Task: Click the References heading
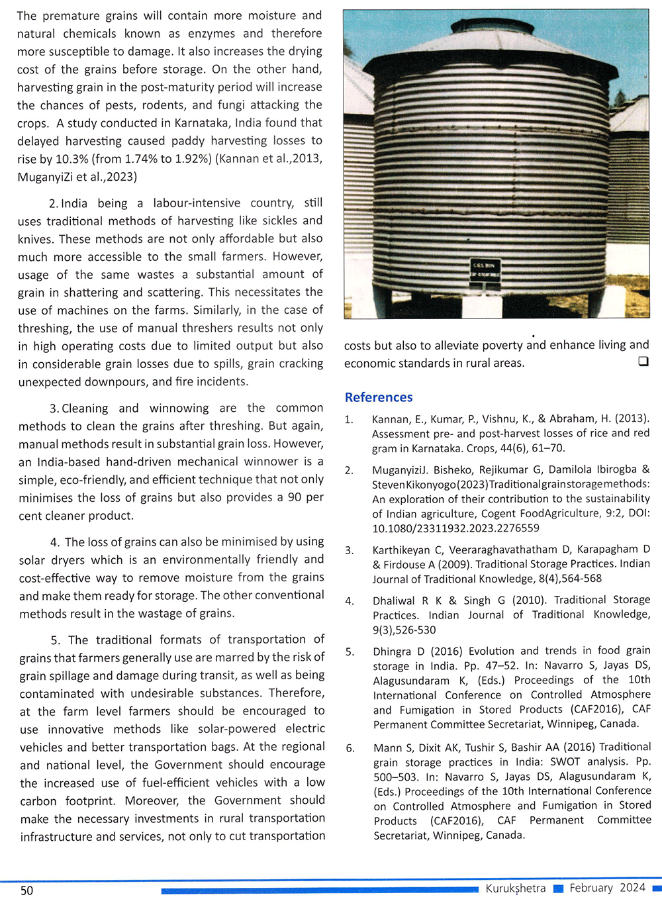click(x=379, y=397)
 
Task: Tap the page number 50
click(x=26, y=891)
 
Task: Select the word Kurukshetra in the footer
click(x=516, y=889)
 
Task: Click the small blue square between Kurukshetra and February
click(x=558, y=889)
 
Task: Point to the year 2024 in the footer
click(x=632, y=888)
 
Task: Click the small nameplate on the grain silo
click(x=483, y=267)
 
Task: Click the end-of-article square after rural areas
click(x=643, y=361)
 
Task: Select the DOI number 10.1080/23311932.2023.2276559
click(x=455, y=528)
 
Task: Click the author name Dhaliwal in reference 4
click(x=394, y=601)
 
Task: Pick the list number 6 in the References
click(x=350, y=748)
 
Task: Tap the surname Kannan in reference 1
click(x=390, y=419)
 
